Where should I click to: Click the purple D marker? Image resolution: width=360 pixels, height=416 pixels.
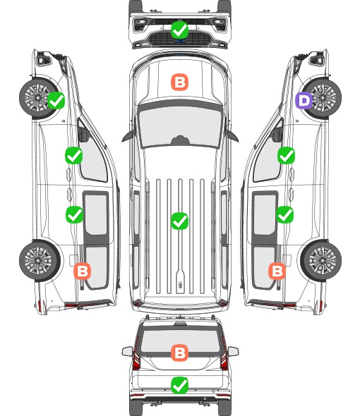pyautogui.click(x=304, y=100)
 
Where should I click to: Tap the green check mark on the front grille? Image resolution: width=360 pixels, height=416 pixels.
pyautogui.click(x=179, y=30)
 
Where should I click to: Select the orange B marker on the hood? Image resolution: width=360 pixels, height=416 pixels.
pyautogui.click(x=179, y=82)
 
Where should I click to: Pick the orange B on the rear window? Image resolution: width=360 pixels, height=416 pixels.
pyautogui.click(x=179, y=353)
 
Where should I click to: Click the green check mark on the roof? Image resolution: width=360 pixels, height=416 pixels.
pyautogui.click(x=179, y=221)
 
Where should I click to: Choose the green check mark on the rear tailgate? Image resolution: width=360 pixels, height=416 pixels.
pyautogui.click(x=179, y=385)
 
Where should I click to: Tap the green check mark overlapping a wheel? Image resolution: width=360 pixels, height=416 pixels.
pyautogui.click(x=56, y=100)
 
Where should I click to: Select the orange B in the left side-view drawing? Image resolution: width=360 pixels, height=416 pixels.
pyautogui.click(x=83, y=271)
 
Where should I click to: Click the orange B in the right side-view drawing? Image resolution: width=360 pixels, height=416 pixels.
pyautogui.click(x=277, y=271)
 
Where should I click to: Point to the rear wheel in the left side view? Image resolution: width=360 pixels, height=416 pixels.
pyautogui.click(x=40, y=261)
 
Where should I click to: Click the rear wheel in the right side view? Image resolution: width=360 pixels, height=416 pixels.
pyautogui.click(x=321, y=261)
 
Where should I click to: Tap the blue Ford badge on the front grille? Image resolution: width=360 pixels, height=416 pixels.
pyautogui.click(x=180, y=41)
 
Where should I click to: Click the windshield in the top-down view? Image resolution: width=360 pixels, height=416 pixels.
pyautogui.click(x=180, y=127)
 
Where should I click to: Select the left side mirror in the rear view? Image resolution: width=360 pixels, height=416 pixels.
pyautogui.click(x=128, y=351)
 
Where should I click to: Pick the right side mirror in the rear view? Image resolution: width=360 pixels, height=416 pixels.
pyautogui.click(x=233, y=351)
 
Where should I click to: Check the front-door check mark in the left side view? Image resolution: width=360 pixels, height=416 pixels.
pyautogui.click(x=74, y=155)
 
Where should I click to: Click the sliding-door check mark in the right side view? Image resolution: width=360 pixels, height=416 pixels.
pyautogui.click(x=284, y=214)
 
